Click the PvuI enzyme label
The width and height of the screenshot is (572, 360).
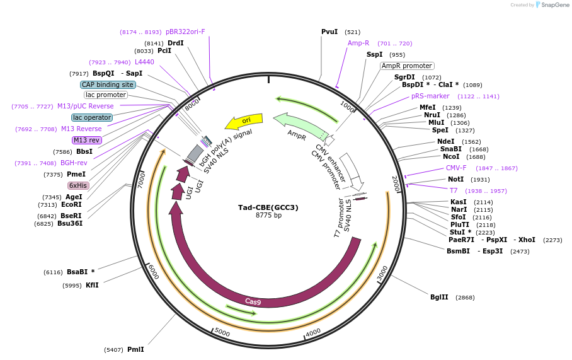[329, 32]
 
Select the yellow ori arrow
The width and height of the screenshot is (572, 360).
[244, 120]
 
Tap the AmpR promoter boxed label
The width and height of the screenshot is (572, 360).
[407, 66]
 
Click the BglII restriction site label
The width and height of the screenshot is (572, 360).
[439, 297]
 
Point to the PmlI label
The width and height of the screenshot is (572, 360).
[135, 349]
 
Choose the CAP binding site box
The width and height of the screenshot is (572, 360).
[108, 84]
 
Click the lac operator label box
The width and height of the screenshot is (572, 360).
[92, 117]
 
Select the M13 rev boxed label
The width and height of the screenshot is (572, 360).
[86, 140]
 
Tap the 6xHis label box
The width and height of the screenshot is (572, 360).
[78, 185]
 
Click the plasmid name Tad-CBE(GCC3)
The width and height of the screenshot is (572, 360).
[268, 207]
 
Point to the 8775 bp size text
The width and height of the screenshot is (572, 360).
[268, 216]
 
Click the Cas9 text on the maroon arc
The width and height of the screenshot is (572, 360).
[253, 301]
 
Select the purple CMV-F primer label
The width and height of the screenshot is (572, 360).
[456, 168]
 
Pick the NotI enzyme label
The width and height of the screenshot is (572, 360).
[455, 179]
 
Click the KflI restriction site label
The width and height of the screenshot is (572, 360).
[92, 285]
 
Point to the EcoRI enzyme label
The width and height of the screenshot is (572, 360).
[72, 204]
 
